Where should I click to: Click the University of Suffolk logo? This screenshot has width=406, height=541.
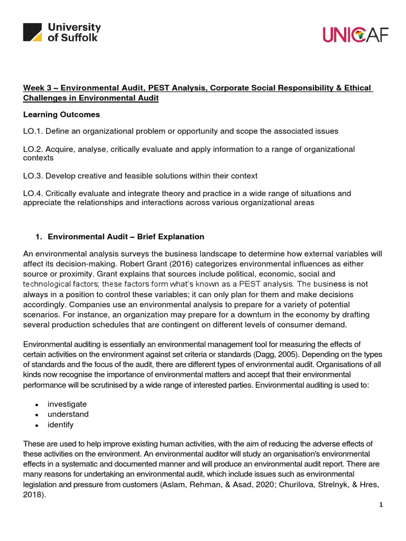[62, 32]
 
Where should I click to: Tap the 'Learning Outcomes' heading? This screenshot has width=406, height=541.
[61, 115]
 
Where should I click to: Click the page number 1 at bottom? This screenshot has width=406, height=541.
[381, 505]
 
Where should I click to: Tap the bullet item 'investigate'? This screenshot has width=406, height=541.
[67, 404]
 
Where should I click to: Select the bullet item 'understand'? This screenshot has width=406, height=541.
[68, 414]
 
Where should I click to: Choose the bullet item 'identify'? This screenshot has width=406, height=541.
[61, 425]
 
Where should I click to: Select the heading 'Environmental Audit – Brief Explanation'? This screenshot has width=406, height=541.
[126, 237]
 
